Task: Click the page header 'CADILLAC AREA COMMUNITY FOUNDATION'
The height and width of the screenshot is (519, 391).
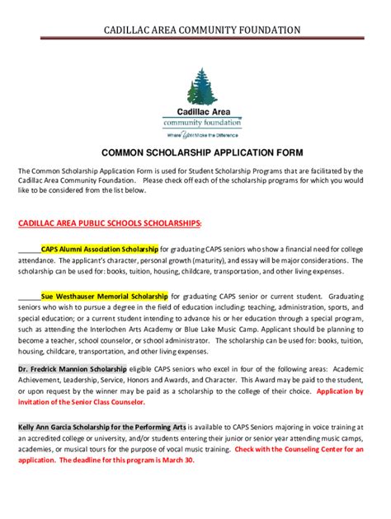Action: pos(195,30)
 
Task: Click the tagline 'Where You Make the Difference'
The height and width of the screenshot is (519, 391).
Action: pos(202,133)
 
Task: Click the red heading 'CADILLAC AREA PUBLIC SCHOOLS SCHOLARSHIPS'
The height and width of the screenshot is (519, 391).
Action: pos(110,222)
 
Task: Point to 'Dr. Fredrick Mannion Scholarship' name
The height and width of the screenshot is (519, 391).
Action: pos(73,370)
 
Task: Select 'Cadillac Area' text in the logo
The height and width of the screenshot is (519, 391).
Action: pos(202,111)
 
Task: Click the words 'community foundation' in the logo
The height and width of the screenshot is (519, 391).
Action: pos(202,121)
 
